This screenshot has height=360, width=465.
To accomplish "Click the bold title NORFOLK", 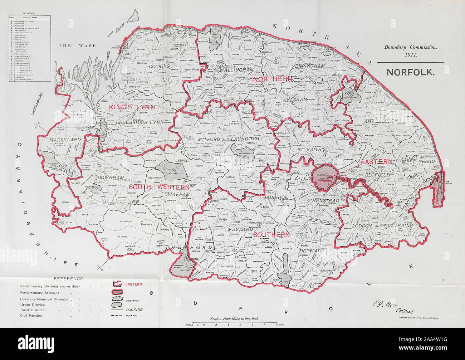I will click(x=410, y=72).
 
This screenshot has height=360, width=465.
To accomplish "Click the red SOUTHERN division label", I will click(x=271, y=235).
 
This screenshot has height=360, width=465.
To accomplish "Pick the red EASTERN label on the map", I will click(x=376, y=162).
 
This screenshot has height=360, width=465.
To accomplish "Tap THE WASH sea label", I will click(x=70, y=46).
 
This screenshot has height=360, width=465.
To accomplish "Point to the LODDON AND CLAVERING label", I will click(x=382, y=226).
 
